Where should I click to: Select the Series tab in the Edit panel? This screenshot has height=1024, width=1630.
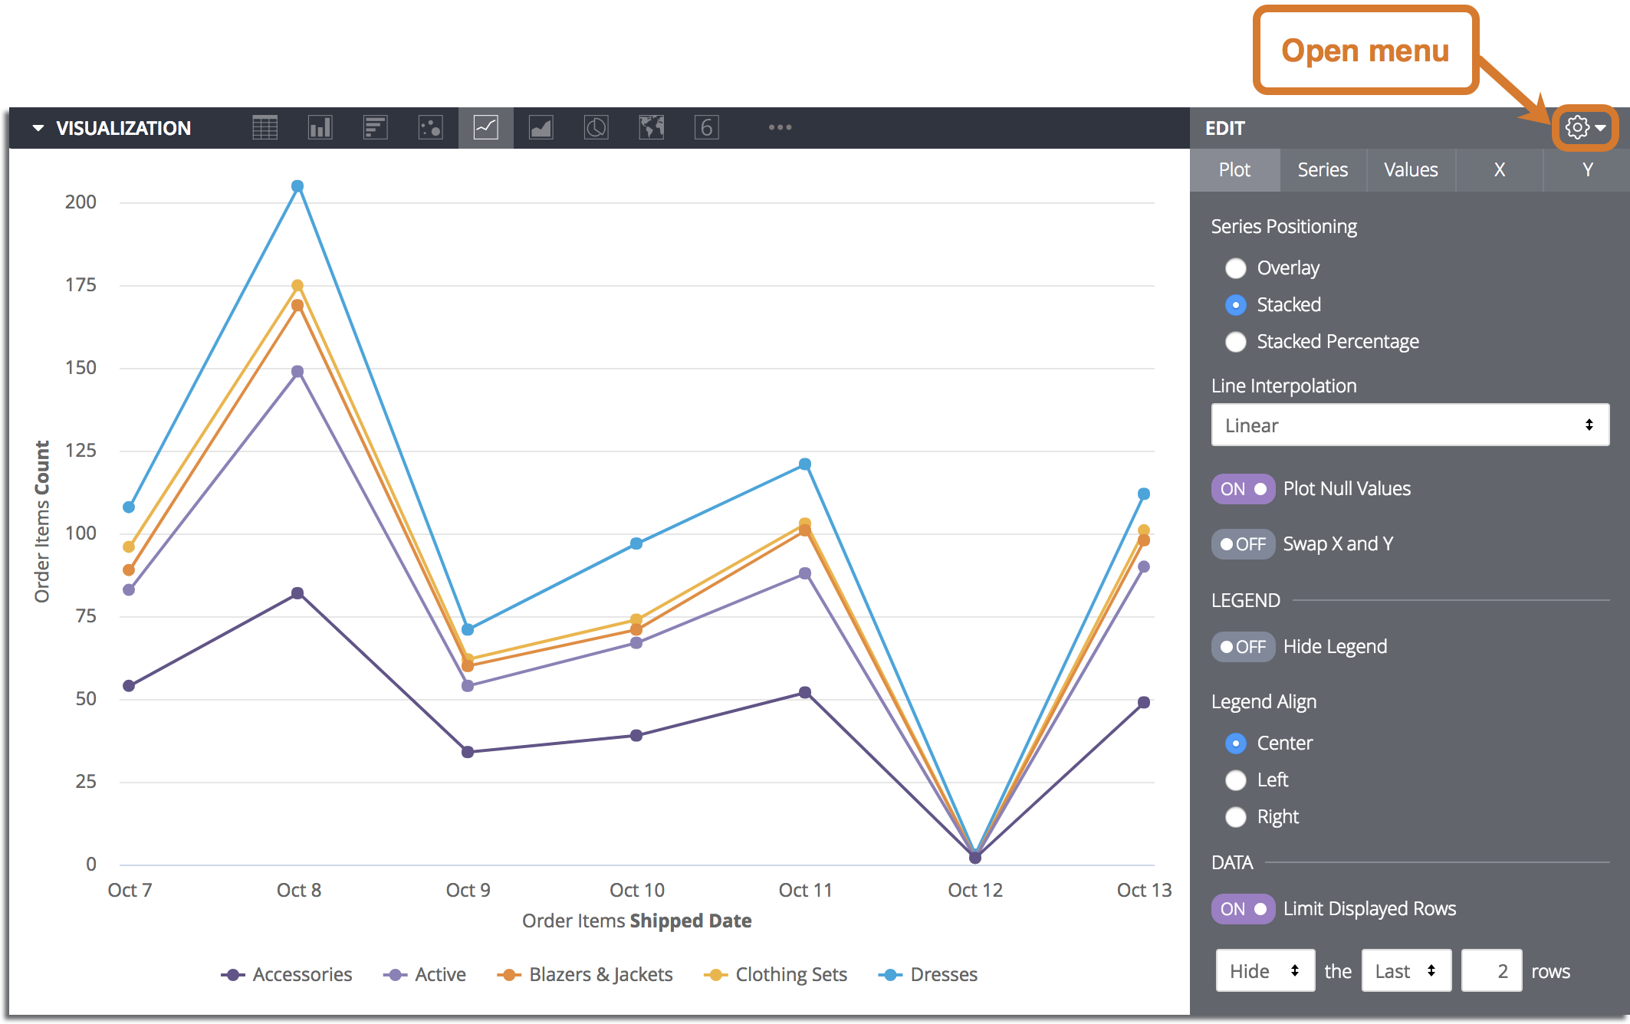1323,170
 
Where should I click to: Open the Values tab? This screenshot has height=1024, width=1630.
1411,170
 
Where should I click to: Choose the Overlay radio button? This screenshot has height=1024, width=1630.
1236,268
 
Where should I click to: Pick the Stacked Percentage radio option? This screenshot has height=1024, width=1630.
1236,342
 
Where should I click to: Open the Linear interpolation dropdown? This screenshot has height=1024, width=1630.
1409,425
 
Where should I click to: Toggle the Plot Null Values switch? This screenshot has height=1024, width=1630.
1243,489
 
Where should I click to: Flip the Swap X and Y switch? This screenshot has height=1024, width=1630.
1243,544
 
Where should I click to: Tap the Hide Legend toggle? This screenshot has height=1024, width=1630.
1243,647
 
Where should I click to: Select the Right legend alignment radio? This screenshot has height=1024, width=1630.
1236,817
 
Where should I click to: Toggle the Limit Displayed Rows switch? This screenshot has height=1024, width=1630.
1243,909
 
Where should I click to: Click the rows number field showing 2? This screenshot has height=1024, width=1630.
1491,971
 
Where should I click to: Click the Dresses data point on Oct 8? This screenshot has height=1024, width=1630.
297,186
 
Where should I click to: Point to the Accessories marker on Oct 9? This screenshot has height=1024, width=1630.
468,752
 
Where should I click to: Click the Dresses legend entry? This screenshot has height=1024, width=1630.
928,975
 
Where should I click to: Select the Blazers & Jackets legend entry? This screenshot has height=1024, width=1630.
585,975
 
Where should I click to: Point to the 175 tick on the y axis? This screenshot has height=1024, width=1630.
81,285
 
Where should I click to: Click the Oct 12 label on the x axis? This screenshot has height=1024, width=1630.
974,890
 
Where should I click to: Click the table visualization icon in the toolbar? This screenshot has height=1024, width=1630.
265,127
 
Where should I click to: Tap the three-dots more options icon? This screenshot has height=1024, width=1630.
780,127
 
